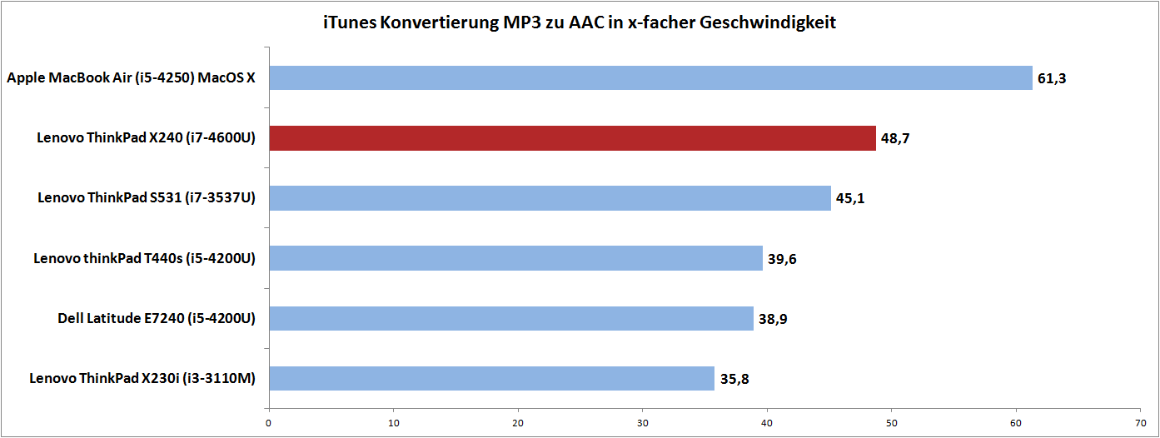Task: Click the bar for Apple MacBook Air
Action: pyautogui.click(x=650, y=78)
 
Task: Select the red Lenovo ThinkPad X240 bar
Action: pyautogui.click(x=572, y=138)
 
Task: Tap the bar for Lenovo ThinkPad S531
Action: pyautogui.click(x=550, y=198)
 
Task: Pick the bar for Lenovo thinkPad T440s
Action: pyautogui.click(x=515, y=258)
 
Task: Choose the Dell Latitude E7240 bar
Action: pyautogui.click(x=510, y=318)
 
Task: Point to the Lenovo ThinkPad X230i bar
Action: pyautogui.click(x=491, y=378)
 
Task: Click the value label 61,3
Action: pyautogui.click(x=1052, y=79)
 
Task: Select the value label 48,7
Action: pyautogui.click(x=895, y=139)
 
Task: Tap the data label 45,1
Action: pyautogui.click(x=850, y=199)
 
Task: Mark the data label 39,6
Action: pyautogui.click(x=782, y=259)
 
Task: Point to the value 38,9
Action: pyautogui.click(x=773, y=319)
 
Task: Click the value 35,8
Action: pyautogui.click(x=734, y=379)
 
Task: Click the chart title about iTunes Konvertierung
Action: pyautogui.click(x=580, y=22)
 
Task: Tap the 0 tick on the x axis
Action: pyautogui.click(x=269, y=422)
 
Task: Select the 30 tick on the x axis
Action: pyautogui.click(x=642, y=422)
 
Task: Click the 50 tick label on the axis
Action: pyautogui.click(x=891, y=422)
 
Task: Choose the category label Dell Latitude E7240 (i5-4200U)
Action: pyautogui.click(x=157, y=318)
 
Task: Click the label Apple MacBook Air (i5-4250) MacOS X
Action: pyautogui.click(x=132, y=78)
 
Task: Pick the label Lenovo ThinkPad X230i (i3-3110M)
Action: pyautogui.click(x=142, y=378)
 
